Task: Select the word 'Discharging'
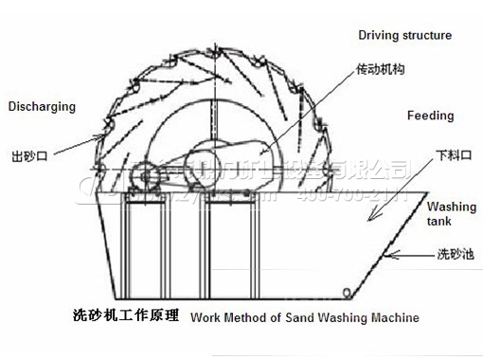click(x=41, y=107)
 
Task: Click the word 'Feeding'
click(x=430, y=117)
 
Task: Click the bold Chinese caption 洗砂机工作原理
click(x=125, y=316)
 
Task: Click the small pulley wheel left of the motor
click(x=144, y=177)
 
